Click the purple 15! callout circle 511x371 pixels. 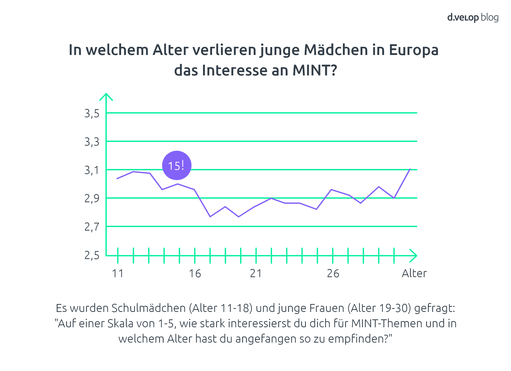(x=177, y=165)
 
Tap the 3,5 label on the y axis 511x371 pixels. (x=92, y=114)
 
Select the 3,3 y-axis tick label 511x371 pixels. (x=92, y=142)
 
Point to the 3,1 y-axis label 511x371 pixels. (x=92, y=170)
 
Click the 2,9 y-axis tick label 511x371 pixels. (x=92, y=199)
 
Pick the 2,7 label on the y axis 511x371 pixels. (x=92, y=227)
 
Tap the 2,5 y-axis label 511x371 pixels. (x=92, y=255)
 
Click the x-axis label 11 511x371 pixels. (x=118, y=274)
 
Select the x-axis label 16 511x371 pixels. (x=195, y=274)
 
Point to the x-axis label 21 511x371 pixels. (x=256, y=274)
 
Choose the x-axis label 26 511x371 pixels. (x=333, y=274)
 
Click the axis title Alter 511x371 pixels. (x=414, y=273)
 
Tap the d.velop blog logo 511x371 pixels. (x=473, y=17)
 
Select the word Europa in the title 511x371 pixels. (x=414, y=50)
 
